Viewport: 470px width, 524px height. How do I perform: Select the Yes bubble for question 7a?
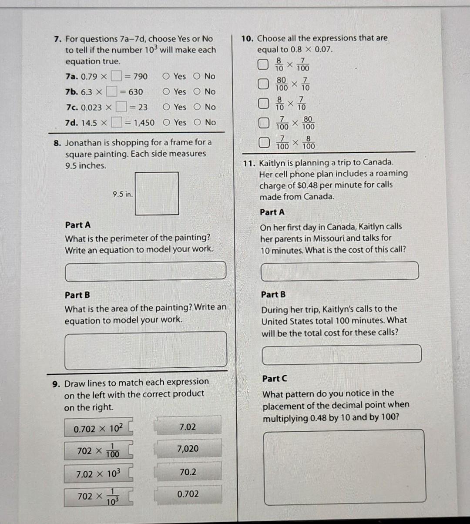click(x=166, y=77)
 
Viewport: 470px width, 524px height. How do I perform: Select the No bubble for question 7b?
click(x=197, y=92)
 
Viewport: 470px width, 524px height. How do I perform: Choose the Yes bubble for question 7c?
click(x=166, y=107)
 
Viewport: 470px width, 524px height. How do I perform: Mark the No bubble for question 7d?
click(x=197, y=123)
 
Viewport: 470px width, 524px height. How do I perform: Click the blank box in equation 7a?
click(x=115, y=77)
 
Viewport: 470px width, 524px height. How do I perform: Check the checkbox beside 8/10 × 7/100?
click(x=262, y=65)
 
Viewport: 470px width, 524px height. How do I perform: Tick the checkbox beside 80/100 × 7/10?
click(x=262, y=84)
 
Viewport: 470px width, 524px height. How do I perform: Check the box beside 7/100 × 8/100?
click(x=262, y=142)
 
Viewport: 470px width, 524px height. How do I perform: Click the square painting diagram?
click(x=157, y=194)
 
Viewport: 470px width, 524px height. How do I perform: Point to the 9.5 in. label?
click(x=122, y=195)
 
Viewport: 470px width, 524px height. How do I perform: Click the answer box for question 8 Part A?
click(x=146, y=271)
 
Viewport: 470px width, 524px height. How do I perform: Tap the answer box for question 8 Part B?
click(x=146, y=351)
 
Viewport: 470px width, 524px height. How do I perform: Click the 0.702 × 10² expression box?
click(x=98, y=429)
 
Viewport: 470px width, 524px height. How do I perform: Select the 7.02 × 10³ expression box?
click(x=98, y=474)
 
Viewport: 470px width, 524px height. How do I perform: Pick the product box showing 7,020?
click(x=188, y=449)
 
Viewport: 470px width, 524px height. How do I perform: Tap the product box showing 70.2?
click(x=188, y=472)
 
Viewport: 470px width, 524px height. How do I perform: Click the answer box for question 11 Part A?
click(x=339, y=271)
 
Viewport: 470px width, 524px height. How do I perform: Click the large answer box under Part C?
click(x=344, y=467)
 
